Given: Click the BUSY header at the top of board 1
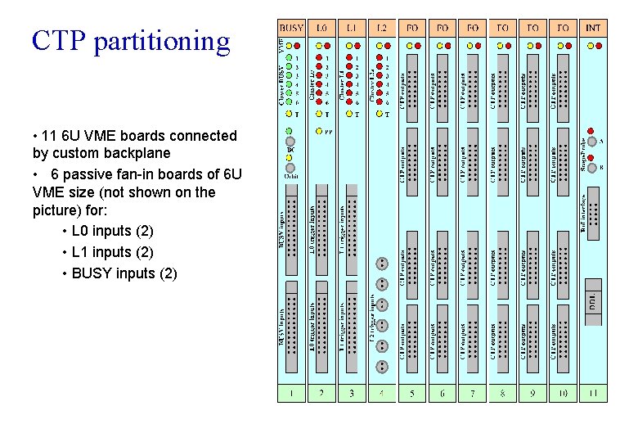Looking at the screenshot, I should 291,28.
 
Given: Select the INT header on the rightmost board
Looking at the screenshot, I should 593,28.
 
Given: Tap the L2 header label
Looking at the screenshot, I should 382,28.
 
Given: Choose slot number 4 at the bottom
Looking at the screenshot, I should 382,394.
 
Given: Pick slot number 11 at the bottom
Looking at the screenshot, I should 593,394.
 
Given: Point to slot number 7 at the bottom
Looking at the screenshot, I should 473,394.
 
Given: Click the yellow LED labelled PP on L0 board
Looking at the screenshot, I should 318,131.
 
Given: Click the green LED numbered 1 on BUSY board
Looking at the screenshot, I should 289,59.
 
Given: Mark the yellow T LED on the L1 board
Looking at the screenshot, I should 350,114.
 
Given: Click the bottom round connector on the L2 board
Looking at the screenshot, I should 381,367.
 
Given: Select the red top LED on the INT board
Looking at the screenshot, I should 593,45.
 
